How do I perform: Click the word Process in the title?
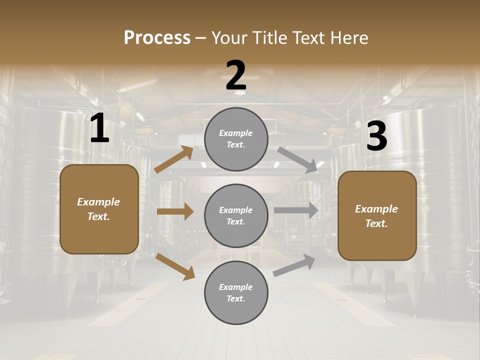pos(157,38)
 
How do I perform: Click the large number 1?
pos(99,128)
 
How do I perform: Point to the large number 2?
pos(236,75)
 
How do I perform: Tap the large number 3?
pos(376,136)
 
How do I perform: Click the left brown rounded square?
pos(99,209)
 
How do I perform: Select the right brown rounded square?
pos(377,216)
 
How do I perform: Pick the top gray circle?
pos(236,139)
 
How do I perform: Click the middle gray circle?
pos(236,215)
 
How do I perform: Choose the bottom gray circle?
pos(236,292)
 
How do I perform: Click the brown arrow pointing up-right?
pos(174,159)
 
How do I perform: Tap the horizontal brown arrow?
pos(175,211)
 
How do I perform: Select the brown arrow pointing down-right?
pos(175,266)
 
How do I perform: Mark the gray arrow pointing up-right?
pos(294,265)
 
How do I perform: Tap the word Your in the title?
pos(228,38)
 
